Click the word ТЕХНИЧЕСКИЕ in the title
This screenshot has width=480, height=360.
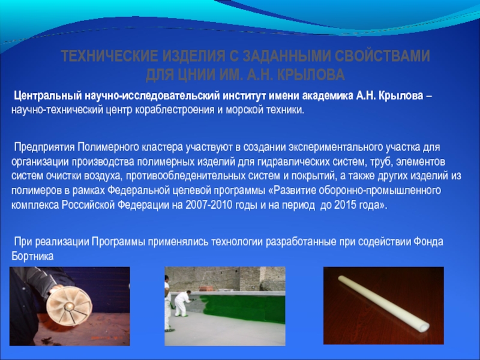(109, 56)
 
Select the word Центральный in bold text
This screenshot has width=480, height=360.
(47, 96)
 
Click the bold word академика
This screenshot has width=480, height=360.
(327, 96)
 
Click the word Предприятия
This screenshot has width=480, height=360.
(44, 147)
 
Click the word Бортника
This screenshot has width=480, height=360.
(32, 256)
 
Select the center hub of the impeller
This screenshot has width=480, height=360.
(70, 305)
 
